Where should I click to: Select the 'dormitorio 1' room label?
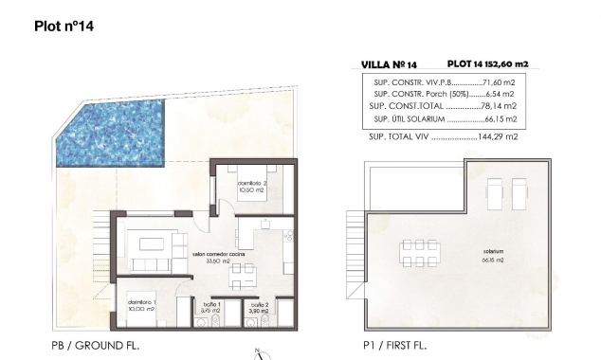pyautogui.click(x=142, y=305)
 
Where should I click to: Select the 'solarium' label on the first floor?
pyautogui.click(x=492, y=254)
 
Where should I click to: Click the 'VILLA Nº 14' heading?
pyautogui.click(x=390, y=64)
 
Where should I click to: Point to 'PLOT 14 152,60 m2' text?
pyautogui.click(x=486, y=64)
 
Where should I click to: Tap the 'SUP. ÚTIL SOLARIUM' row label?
pyautogui.click(x=407, y=120)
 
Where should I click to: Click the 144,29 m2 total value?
pyautogui.click(x=499, y=138)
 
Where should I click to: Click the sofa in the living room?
pyautogui.click(x=149, y=263)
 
